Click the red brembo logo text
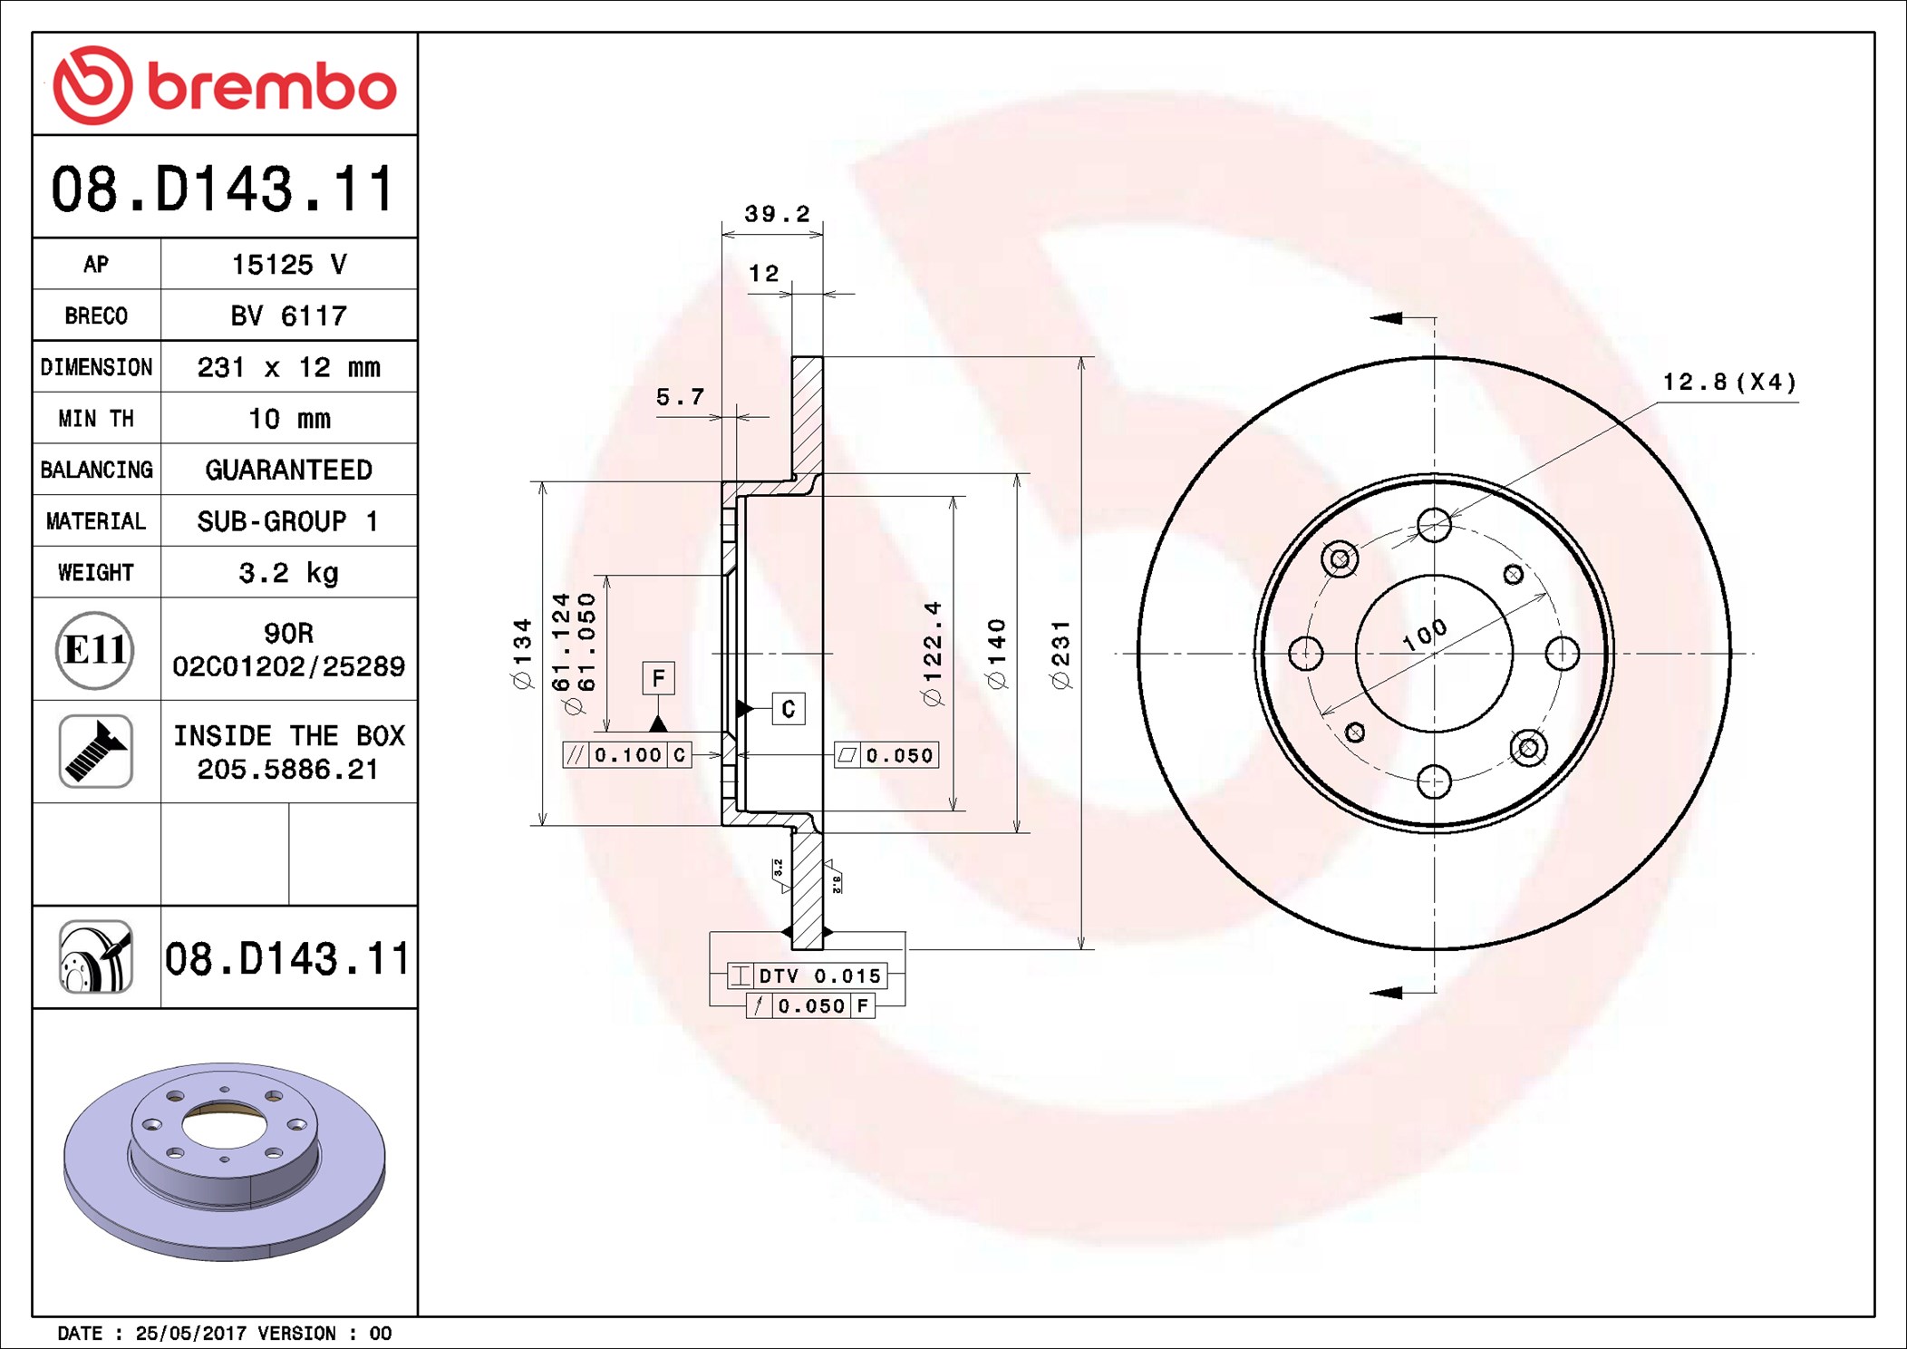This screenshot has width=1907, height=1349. point(272,87)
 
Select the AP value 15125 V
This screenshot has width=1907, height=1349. point(289,265)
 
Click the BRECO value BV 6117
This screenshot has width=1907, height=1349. point(289,315)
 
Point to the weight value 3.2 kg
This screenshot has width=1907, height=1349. point(289,573)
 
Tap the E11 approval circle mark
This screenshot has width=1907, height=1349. point(94,649)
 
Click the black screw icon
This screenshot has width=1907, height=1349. point(96,751)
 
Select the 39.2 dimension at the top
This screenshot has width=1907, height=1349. point(777,214)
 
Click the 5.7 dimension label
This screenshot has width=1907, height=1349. point(680,397)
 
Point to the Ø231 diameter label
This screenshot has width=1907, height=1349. point(1060,654)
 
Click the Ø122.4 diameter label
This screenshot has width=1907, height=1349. point(932,653)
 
